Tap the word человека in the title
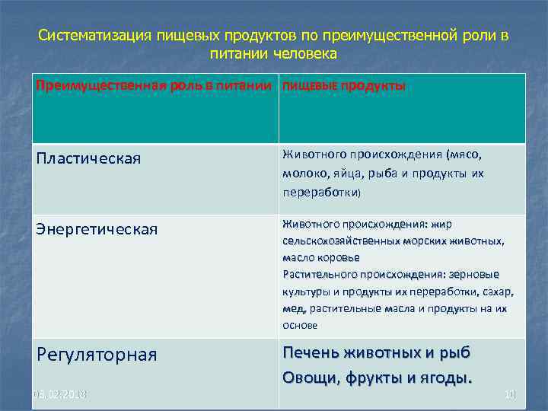[304, 54]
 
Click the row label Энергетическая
[97, 228]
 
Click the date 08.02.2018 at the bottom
[59, 393]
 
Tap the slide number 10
[509, 393]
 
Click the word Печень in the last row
[311, 353]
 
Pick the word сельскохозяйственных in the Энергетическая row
[340, 241]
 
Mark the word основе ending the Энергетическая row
[300, 325]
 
